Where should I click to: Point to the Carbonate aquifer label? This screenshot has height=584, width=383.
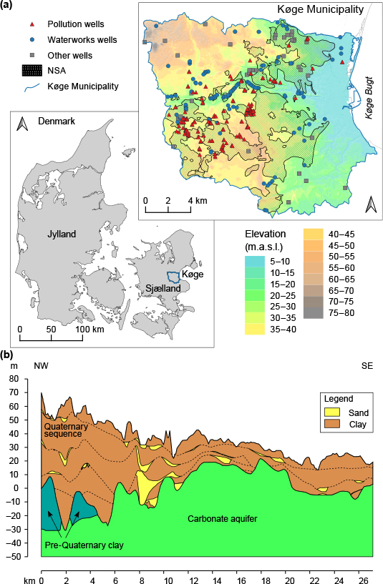click(x=223, y=518)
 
